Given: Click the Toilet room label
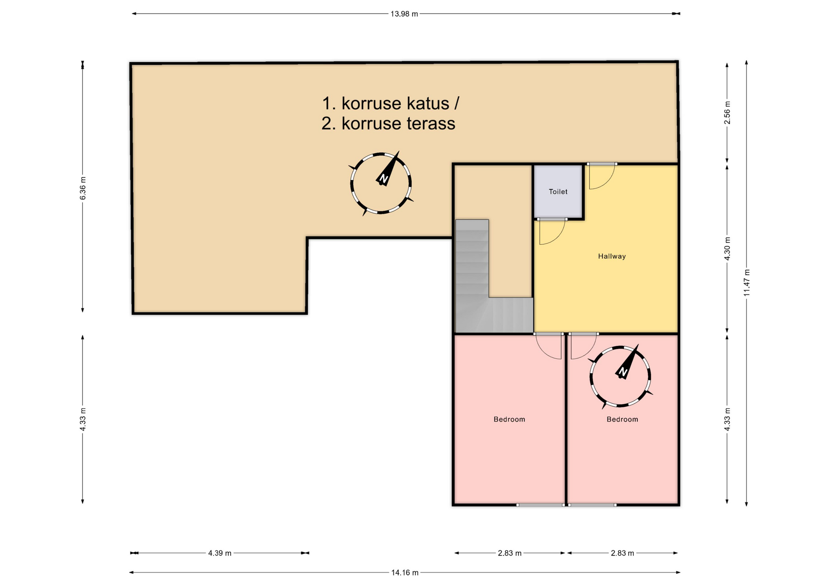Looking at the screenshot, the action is coord(558,192).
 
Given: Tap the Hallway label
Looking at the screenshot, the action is coord(612,256).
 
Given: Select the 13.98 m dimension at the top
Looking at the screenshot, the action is coord(404,14).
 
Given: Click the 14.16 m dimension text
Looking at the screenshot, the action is coord(405,573).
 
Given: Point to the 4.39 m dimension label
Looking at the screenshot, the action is coord(220,553).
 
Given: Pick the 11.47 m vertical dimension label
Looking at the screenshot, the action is coord(747,283).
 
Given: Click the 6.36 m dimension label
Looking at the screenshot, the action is coord(83,189).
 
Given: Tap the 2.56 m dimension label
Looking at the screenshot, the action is coord(728,113).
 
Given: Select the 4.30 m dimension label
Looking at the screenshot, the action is coord(728,249).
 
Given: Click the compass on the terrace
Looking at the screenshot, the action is coord(380,183).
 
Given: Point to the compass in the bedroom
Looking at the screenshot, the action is coord(620,376).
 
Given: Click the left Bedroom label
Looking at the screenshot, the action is coord(509,419).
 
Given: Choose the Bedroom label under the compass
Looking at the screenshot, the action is coord(622,419).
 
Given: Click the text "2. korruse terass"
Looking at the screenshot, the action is coord(388,124).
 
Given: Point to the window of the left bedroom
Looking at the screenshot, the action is coord(540,505).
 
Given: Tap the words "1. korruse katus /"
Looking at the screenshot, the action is coord(391,104).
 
